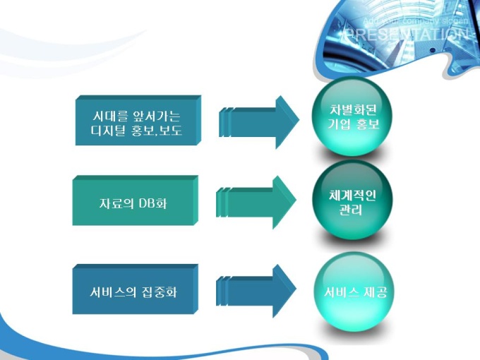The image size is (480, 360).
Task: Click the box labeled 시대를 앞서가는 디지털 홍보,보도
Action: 137,121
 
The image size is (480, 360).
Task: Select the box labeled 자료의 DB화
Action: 134,203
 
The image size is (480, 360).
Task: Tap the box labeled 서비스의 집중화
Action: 134,291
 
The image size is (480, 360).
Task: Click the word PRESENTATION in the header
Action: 405,35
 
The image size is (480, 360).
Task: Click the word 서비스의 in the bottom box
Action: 107,291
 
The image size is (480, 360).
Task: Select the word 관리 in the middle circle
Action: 351,210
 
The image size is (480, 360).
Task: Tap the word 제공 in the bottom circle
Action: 373,291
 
